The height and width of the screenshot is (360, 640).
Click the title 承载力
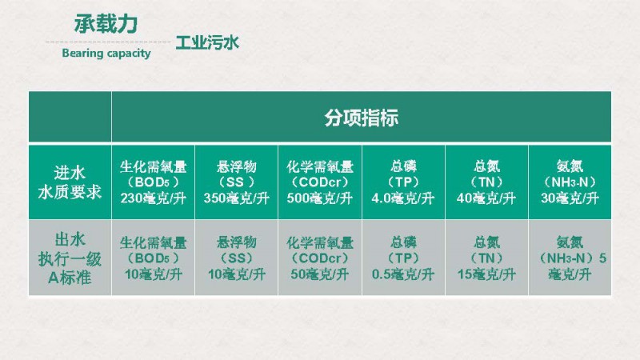106,24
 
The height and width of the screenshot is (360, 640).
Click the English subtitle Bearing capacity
106,53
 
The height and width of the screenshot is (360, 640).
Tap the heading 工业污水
207,43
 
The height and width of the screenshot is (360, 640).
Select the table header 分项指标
362,118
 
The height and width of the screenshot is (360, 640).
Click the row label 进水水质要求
70,182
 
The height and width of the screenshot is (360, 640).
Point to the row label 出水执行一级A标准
70,258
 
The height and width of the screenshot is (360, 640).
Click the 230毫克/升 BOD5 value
153,198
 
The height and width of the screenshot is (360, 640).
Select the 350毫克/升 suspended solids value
236,198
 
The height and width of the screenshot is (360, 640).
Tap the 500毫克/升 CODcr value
319,198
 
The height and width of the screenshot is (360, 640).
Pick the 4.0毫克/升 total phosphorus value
403,198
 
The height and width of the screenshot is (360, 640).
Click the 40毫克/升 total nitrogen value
486,198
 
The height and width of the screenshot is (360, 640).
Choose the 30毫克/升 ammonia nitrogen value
570,198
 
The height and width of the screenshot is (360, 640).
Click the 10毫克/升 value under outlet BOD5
153,274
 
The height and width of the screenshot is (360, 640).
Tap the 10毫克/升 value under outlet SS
236,274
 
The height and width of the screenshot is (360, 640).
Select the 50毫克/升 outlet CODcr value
319,274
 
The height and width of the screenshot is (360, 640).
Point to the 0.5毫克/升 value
403,274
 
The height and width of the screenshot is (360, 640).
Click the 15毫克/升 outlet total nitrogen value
486,274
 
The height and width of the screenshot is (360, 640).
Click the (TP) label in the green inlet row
403,182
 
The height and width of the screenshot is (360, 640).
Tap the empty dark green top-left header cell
70,117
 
